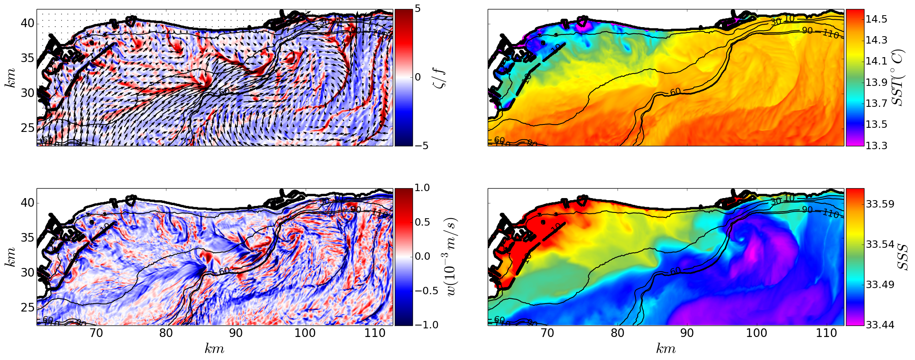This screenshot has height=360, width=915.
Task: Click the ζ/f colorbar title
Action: (440, 78)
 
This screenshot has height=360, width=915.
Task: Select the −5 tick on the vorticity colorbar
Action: (417, 146)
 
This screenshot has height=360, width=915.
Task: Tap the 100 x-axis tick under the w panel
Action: (305, 333)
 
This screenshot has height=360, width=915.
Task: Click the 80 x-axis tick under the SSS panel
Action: (618, 333)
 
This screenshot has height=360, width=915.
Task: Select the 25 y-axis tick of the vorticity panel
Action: (27, 128)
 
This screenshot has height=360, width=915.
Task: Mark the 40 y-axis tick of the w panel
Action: (27, 203)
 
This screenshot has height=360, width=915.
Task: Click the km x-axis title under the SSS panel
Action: (666, 349)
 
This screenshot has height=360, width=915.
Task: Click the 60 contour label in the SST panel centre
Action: (675, 92)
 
